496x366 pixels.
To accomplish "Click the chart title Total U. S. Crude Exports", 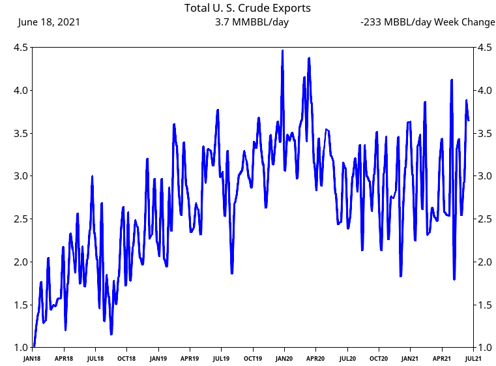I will click(248, 8).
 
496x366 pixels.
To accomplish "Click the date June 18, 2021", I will click(50, 22).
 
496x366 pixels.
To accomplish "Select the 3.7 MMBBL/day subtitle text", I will click(252, 22).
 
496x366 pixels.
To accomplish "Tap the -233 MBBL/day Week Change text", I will click(428, 22).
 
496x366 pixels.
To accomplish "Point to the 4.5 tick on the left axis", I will click(20, 48).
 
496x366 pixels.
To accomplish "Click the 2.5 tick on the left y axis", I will click(20, 219).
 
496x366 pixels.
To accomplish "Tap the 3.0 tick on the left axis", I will click(20, 176).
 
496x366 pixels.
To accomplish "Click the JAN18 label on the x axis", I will click(33, 358).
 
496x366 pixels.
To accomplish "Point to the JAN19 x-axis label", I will click(158, 358).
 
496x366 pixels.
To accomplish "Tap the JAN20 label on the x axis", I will click(284, 358).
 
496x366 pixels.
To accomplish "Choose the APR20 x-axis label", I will click(315, 358).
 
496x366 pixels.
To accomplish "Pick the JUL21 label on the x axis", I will click(474, 358).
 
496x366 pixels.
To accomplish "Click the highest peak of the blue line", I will click(282, 50).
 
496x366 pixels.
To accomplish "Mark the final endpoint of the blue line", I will click(469, 120).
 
